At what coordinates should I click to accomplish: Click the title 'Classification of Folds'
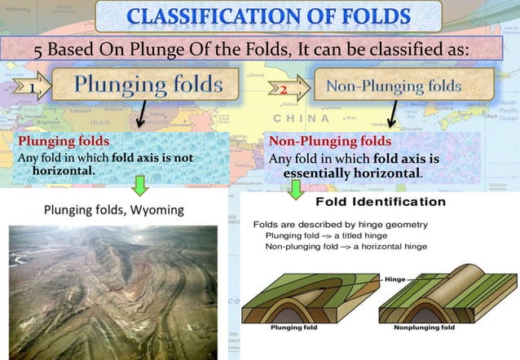[261, 15]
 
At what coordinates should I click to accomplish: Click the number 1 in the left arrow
[31, 88]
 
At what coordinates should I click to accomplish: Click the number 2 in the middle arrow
[284, 88]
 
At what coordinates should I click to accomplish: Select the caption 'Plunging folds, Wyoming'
[113, 210]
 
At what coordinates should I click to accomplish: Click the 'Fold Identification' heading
[380, 202]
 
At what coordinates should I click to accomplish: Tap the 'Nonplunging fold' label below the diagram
[424, 327]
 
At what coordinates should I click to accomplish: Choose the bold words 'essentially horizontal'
[351, 173]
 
